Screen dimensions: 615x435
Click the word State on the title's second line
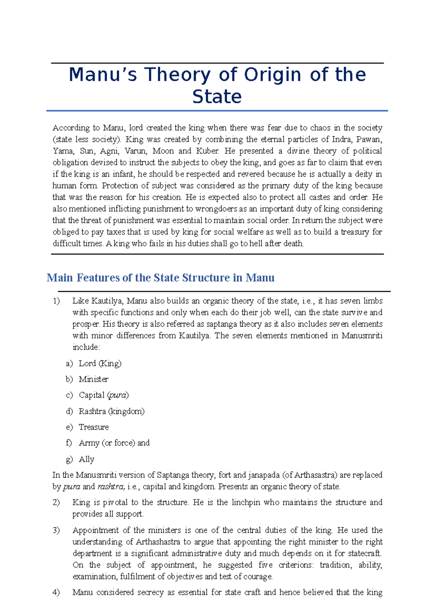click(x=217, y=97)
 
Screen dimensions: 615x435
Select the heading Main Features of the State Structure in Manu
click(x=160, y=278)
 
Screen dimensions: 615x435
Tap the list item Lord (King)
click(x=100, y=363)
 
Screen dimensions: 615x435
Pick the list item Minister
click(x=94, y=379)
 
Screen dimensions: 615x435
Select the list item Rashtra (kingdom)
click(x=111, y=411)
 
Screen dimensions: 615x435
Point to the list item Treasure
click(x=94, y=427)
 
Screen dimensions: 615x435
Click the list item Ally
click(x=86, y=459)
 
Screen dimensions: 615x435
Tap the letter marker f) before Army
click(x=69, y=443)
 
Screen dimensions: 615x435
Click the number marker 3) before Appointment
click(x=56, y=530)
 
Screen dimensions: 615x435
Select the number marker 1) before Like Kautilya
click(x=56, y=301)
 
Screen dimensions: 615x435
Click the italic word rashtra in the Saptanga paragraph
click(x=111, y=487)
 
